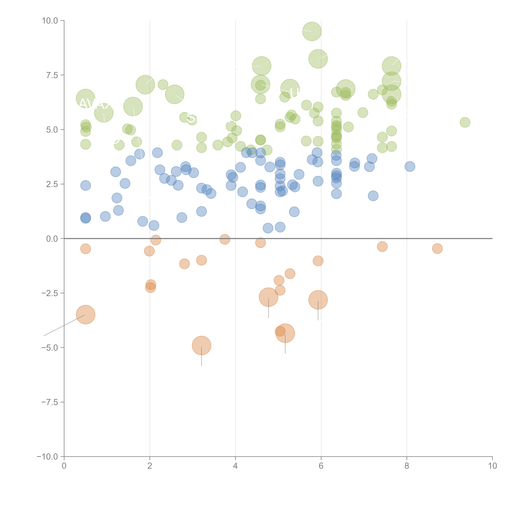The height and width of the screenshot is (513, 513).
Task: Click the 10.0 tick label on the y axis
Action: [50, 21]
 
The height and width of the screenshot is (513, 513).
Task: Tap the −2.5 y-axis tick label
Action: [50, 293]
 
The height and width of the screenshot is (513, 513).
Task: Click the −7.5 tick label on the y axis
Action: [50, 402]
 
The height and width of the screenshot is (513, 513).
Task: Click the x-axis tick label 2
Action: [150, 466]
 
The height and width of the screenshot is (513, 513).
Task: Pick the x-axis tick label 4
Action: [235, 466]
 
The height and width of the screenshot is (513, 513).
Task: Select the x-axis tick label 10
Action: [492, 466]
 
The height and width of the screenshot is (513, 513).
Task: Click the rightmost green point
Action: [465, 122]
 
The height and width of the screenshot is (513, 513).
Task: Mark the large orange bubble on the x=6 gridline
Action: [318, 300]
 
